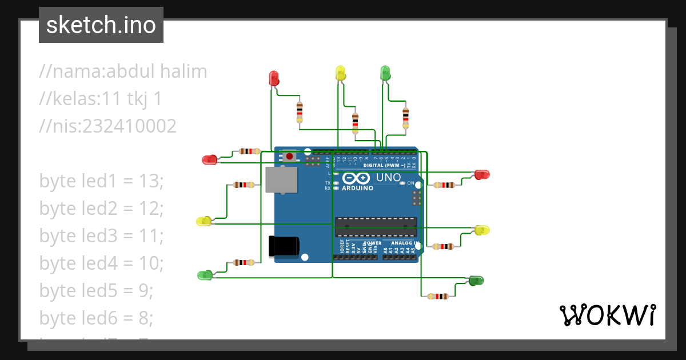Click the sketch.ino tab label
coord(101,25)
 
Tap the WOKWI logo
coord(607,315)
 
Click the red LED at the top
coord(274,78)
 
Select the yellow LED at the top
coord(340,73)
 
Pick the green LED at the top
coord(385,73)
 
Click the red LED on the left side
coord(210,160)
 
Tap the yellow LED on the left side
coord(204,221)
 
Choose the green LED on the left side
coord(205,275)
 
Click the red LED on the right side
coord(482,174)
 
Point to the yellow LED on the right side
coord(482,230)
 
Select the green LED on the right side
coord(476,280)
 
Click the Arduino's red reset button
coord(290,156)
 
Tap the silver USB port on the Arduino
coord(281,180)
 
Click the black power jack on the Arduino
coord(284,246)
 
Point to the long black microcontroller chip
coord(376,226)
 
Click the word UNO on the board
coord(388,178)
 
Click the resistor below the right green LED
coord(438,296)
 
